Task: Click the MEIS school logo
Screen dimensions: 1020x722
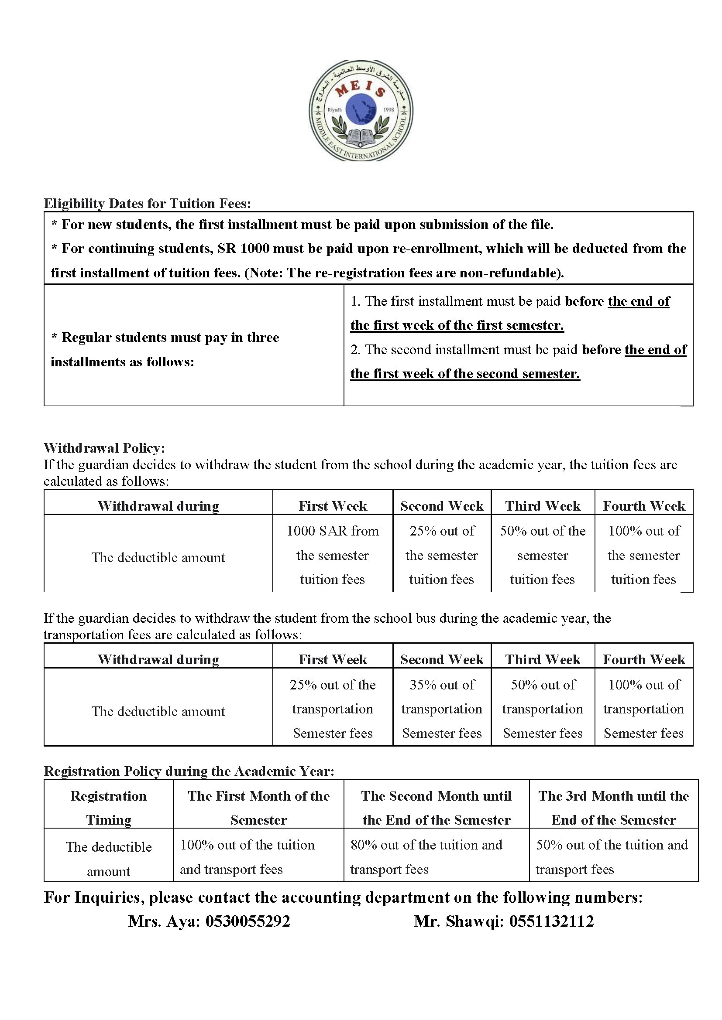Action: click(361, 110)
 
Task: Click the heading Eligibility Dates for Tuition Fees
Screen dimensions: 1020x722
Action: click(147, 204)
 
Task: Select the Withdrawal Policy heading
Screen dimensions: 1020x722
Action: click(104, 448)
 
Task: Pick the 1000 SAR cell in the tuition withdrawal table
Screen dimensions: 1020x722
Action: click(333, 554)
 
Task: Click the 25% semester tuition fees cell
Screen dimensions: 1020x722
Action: click(441, 554)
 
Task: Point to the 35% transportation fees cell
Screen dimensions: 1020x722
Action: click(441, 709)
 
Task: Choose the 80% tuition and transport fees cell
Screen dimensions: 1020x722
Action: click(436, 856)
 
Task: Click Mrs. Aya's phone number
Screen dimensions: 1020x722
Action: click(248, 921)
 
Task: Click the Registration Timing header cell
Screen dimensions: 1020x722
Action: click(109, 808)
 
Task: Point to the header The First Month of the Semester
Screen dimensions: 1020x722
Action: click(258, 808)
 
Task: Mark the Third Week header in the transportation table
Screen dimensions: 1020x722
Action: click(543, 659)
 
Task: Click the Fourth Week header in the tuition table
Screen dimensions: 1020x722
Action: click(644, 506)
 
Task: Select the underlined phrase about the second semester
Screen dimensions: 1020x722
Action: click(465, 374)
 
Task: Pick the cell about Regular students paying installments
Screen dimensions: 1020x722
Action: click(194, 349)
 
